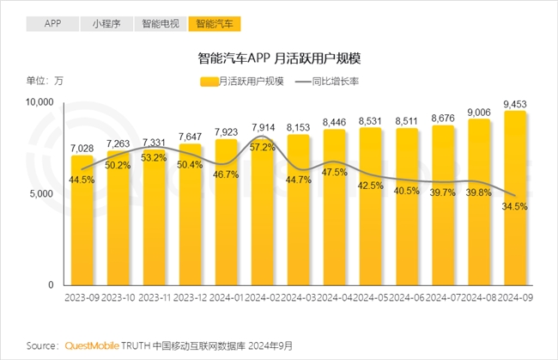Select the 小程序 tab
point(107,23)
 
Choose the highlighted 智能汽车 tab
point(215,23)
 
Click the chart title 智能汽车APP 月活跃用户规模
point(279,59)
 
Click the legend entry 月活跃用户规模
point(241,82)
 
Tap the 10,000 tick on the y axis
point(39,102)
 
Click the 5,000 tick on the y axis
point(42,194)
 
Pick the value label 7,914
point(263,129)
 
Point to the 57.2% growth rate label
point(263,148)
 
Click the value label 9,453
point(515,103)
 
